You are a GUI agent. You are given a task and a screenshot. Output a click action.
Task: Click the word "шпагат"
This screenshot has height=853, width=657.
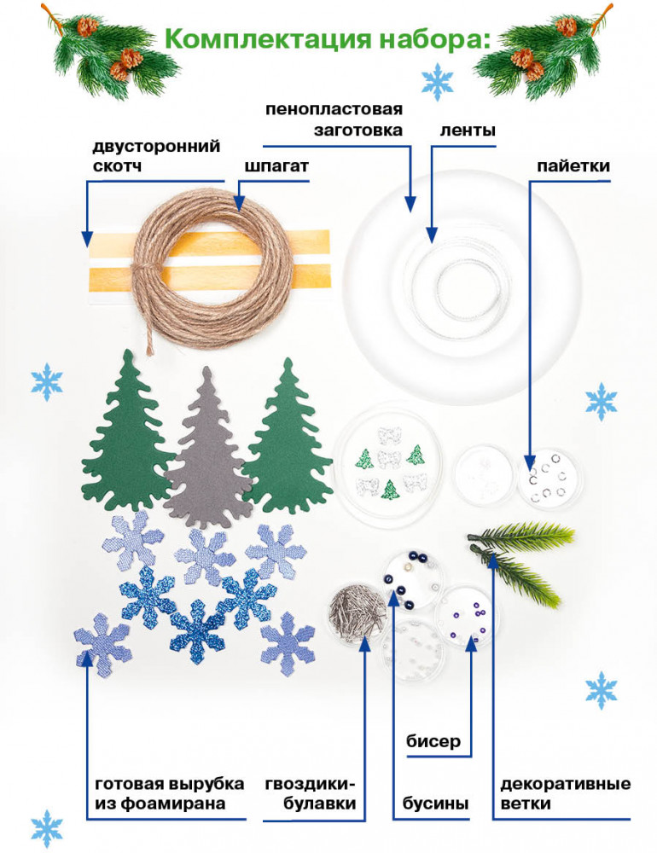click(x=276, y=165)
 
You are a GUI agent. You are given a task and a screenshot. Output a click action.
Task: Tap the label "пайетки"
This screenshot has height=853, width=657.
click(x=573, y=165)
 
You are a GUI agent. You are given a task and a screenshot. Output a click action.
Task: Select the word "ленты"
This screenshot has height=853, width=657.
click(x=468, y=131)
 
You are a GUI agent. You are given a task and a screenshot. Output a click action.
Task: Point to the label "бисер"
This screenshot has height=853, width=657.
click(x=433, y=741)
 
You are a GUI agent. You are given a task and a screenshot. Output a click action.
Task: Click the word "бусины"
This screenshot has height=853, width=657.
click(x=435, y=803)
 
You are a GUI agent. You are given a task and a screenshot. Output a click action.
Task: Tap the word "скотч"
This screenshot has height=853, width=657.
click(x=117, y=166)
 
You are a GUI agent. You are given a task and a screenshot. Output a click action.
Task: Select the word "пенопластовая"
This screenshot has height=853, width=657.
click(x=334, y=109)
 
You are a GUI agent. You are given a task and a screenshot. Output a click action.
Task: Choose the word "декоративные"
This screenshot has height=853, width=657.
click(x=566, y=784)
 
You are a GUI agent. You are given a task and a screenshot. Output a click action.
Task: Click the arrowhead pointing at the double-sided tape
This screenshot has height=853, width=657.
click(x=86, y=239)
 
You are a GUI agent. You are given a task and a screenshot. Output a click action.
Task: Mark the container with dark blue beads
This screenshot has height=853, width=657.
click(x=412, y=577)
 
